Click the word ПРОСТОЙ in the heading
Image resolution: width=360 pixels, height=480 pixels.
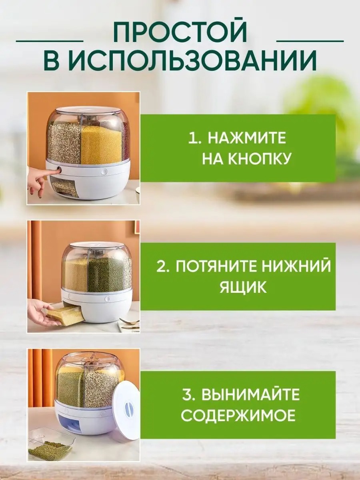click(x=180, y=32)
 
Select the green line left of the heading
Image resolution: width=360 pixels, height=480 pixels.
click(x=50, y=41)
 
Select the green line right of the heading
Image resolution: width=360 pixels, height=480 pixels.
click(x=310, y=41)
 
